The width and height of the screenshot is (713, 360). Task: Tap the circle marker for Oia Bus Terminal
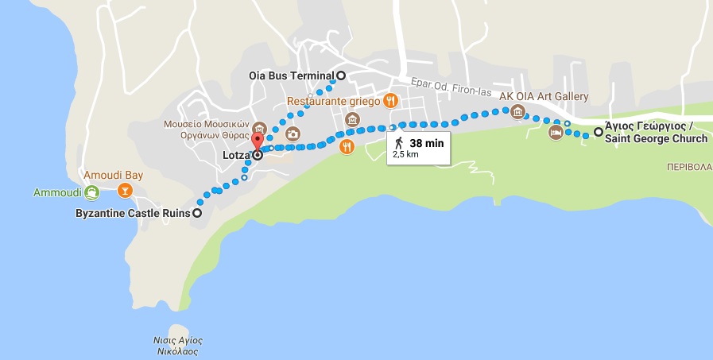pyautogui.click(x=341, y=75)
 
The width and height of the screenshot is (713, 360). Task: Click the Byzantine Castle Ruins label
pyautogui.click(x=132, y=213)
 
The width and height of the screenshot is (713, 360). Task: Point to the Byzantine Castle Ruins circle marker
pyautogui.click(x=197, y=213)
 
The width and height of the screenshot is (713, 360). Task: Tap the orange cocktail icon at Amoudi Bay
pyautogui.click(x=124, y=190)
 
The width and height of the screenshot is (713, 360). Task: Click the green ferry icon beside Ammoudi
pyautogui.click(x=91, y=192)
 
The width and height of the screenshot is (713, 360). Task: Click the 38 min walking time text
pyautogui.click(x=426, y=143)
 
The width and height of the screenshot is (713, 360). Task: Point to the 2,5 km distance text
pyautogui.click(x=405, y=155)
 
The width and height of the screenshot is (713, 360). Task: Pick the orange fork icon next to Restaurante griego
pyautogui.click(x=389, y=101)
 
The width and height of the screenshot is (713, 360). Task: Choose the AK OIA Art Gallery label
pyautogui.click(x=544, y=97)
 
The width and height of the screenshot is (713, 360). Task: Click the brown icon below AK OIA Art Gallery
pyautogui.click(x=518, y=111)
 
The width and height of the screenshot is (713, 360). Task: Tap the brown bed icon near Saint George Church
pyautogui.click(x=556, y=132)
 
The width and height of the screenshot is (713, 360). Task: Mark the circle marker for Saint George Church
pyautogui.click(x=598, y=133)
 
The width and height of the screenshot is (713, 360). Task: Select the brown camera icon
pyautogui.click(x=293, y=134)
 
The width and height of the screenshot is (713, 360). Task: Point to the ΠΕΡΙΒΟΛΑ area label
pyautogui.click(x=688, y=168)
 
